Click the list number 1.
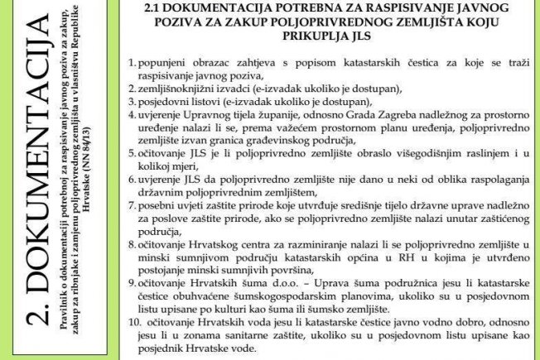pyautogui.click(x=133, y=63)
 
